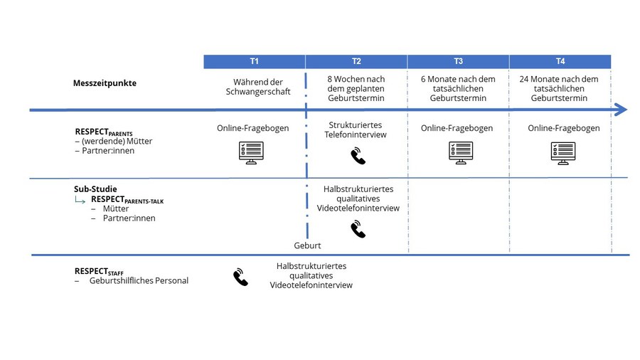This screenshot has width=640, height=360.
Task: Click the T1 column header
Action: click(x=255, y=62)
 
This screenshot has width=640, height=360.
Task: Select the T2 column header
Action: click(x=356, y=62)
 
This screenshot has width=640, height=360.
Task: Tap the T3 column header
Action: click(x=458, y=62)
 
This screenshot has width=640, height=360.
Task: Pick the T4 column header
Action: click(x=560, y=62)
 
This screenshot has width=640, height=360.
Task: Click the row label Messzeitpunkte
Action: click(x=105, y=83)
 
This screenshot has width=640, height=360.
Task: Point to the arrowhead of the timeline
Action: click(x=621, y=110)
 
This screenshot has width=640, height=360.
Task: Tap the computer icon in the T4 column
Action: click(x=563, y=153)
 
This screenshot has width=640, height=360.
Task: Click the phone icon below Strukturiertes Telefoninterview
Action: click(x=358, y=157)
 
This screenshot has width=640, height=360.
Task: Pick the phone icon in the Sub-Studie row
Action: click(x=358, y=229)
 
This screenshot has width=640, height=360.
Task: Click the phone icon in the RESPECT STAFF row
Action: click(x=241, y=277)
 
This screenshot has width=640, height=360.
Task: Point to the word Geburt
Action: click(x=307, y=245)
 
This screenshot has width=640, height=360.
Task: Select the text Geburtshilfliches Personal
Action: click(x=139, y=280)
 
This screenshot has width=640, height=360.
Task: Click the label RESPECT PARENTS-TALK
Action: click(x=127, y=200)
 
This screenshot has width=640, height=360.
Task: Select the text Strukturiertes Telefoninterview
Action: click(x=356, y=129)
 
